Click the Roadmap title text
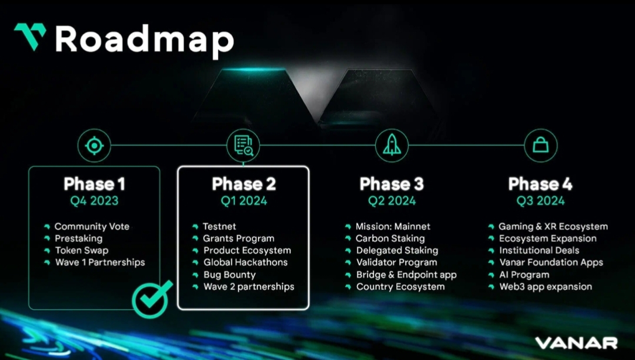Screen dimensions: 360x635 145,39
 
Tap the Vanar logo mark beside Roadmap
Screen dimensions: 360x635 30,36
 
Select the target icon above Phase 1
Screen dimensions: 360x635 94,145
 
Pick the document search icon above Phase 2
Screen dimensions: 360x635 243,145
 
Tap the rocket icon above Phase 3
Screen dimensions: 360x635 392,145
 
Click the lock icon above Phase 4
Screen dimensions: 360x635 540,145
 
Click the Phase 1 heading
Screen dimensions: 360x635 94,184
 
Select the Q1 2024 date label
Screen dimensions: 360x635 243,201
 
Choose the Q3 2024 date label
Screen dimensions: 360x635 540,201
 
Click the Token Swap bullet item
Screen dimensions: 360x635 82,251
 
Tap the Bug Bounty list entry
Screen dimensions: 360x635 229,275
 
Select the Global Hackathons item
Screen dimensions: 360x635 245,262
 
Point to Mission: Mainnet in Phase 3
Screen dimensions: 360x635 393,226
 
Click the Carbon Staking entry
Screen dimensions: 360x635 390,238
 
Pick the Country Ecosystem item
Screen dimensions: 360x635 400,287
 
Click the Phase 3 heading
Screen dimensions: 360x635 392,184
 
